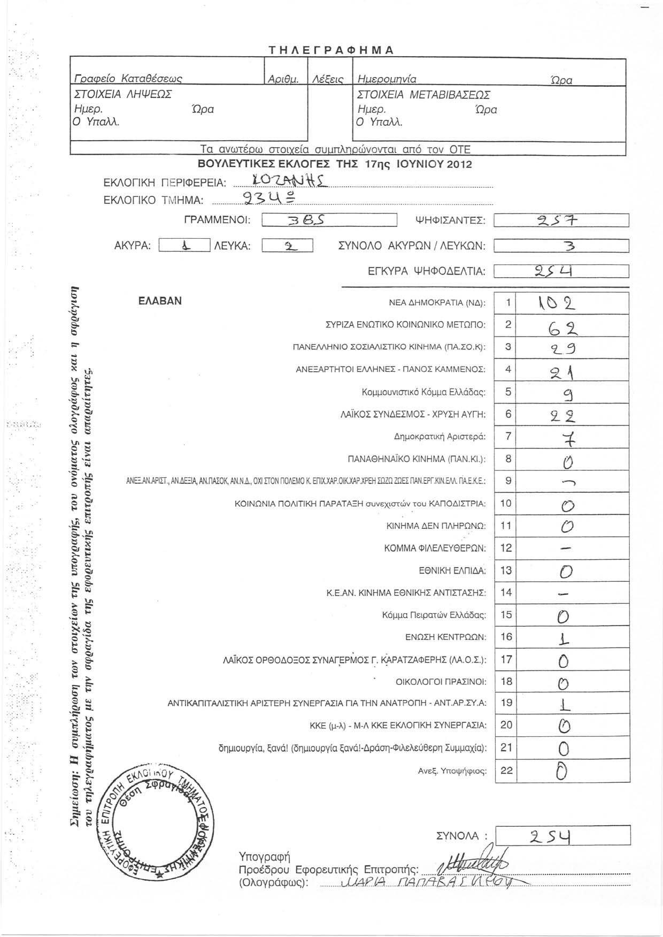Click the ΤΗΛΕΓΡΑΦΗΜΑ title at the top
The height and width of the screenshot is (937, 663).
(x=331, y=50)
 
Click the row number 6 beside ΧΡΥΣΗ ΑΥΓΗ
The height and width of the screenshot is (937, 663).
(x=508, y=414)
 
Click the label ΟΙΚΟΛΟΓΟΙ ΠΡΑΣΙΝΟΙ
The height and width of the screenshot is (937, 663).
(x=441, y=682)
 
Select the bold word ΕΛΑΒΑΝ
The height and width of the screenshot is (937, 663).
(x=160, y=301)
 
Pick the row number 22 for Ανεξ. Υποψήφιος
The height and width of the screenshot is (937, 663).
(x=506, y=771)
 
